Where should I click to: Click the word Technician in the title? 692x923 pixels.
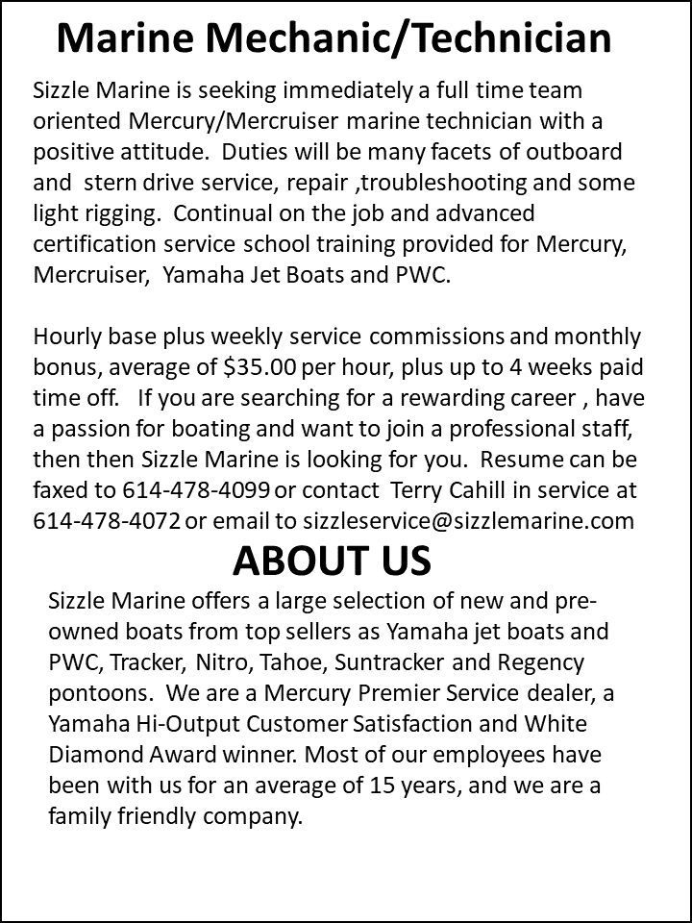point(502,38)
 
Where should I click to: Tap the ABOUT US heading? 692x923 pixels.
point(332,561)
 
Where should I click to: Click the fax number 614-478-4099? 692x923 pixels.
point(196,490)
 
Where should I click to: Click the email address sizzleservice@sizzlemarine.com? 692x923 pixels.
point(468,520)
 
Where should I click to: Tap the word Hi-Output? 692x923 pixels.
point(182,725)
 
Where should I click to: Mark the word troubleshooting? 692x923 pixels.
point(465,183)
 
